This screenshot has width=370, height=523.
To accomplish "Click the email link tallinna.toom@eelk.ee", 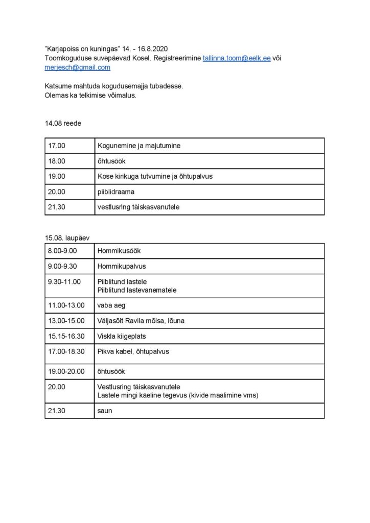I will click(x=237, y=58).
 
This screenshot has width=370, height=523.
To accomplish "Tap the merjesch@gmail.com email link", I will click(x=77, y=67).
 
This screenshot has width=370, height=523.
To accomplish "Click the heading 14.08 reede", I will click(x=63, y=123).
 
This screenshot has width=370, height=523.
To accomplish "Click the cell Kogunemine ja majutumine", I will click(x=138, y=146).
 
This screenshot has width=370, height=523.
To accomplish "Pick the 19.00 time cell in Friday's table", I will click(x=57, y=176).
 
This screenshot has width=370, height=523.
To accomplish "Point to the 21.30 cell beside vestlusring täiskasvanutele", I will click(x=57, y=207).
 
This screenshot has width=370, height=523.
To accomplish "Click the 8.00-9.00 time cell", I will click(x=62, y=251).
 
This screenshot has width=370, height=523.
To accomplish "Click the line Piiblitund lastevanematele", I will click(x=136, y=290).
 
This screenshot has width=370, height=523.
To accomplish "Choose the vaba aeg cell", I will click(x=111, y=305).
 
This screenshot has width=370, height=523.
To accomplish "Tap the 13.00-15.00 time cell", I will click(x=65, y=321).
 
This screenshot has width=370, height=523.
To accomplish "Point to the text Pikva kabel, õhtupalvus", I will click(x=133, y=351).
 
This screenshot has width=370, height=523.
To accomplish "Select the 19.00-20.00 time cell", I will click(x=65, y=372).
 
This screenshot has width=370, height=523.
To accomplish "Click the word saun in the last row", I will click(x=104, y=410).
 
